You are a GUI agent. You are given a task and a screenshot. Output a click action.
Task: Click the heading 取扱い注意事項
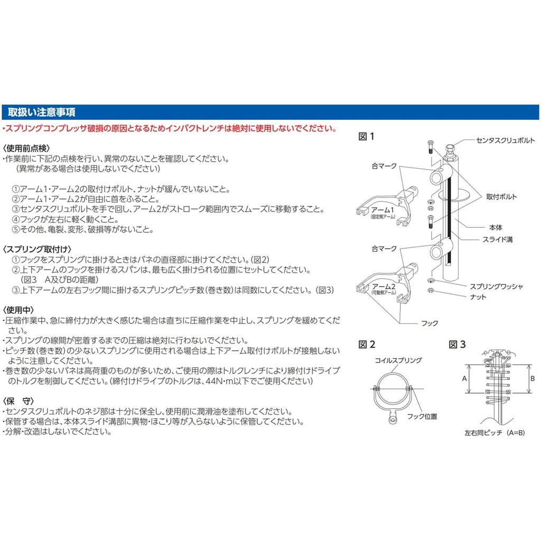[x=41, y=113]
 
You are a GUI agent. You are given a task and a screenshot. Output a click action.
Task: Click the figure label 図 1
[x=366, y=136]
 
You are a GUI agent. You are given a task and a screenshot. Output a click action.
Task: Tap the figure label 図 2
[x=367, y=344]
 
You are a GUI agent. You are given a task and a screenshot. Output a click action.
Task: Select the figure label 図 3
[x=458, y=344]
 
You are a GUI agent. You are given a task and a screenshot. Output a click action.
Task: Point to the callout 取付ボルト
[x=501, y=197]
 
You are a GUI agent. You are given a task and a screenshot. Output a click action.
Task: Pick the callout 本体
[x=495, y=228]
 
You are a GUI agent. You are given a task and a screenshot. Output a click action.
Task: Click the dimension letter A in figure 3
[x=464, y=379]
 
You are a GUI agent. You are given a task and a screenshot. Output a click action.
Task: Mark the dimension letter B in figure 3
[x=532, y=378]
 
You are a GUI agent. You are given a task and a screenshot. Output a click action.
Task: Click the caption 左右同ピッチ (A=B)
[x=494, y=432]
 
